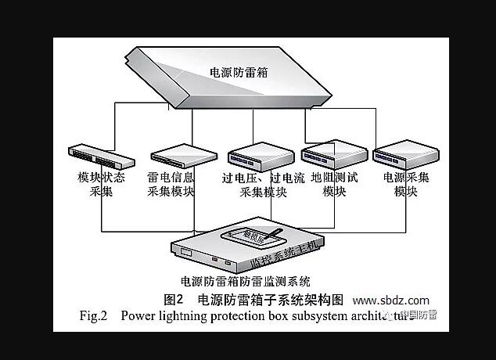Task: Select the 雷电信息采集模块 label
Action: [171, 184]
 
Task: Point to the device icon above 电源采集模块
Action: [403, 155]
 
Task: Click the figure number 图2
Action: [174, 300]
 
